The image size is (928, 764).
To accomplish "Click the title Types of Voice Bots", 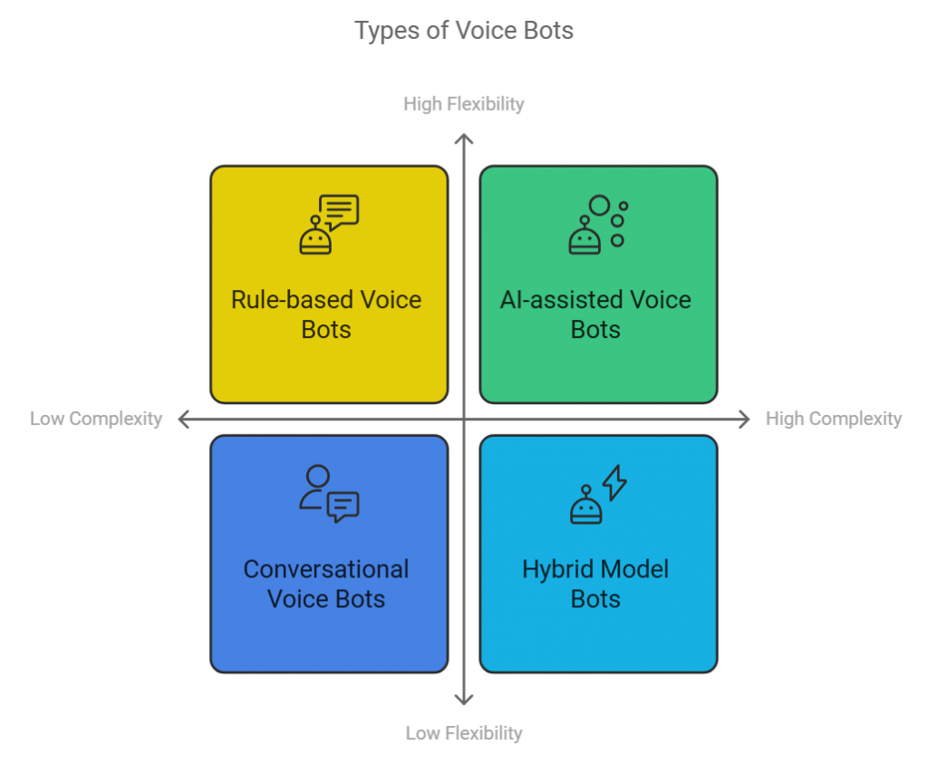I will (463, 31).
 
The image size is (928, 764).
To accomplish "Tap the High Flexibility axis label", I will (463, 104).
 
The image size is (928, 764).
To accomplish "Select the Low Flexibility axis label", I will (463, 732).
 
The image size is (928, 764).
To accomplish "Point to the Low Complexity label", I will (96, 419).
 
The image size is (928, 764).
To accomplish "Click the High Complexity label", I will (833, 419).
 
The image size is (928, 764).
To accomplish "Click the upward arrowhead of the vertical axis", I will (464, 139).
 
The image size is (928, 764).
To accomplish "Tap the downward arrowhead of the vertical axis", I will (464, 699).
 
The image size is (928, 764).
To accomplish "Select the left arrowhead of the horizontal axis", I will (183, 419).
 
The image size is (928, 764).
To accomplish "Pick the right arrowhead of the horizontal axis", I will (745, 419).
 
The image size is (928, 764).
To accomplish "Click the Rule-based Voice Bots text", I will (326, 314).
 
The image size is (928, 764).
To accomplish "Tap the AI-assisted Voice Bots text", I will (595, 314).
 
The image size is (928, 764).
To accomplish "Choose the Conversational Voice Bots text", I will (326, 585).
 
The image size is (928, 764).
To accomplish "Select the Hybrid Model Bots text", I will (595, 585).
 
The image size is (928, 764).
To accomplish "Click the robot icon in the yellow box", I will (315, 237).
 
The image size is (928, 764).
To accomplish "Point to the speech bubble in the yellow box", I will (342, 211).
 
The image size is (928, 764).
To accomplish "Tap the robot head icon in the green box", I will (585, 237).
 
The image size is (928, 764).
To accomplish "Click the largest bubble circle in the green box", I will (599, 206).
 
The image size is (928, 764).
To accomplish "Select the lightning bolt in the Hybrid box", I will (615, 482).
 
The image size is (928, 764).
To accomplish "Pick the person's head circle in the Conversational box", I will (317, 477).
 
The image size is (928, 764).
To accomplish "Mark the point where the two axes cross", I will (464, 419).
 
